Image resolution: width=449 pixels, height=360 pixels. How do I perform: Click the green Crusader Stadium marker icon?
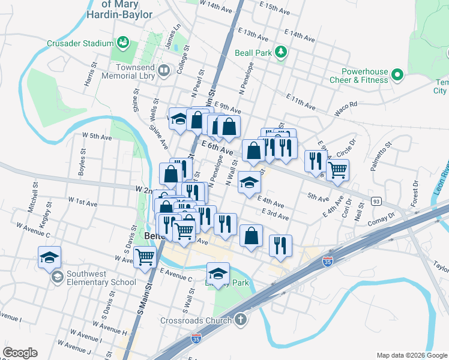(x=123, y=43)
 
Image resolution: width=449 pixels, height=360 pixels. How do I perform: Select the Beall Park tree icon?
(x=280, y=53)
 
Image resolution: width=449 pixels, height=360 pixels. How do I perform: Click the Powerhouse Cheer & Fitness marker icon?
(x=397, y=75)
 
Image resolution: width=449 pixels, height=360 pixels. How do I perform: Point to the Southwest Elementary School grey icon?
(x=56, y=277)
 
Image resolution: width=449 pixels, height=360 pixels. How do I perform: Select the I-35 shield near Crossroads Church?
(x=196, y=339)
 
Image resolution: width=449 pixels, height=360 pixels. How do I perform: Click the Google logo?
(x=20, y=353)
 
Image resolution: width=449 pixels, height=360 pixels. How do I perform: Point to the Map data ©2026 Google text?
(x=411, y=355)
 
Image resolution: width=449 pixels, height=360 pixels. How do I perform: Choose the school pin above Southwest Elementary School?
(x=49, y=258)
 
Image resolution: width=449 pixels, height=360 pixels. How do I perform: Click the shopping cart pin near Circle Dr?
(x=337, y=170)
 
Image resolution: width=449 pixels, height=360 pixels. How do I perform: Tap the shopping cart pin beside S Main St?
(x=145, y=257)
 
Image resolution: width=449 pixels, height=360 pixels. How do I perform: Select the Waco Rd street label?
(x=346, y=107)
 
